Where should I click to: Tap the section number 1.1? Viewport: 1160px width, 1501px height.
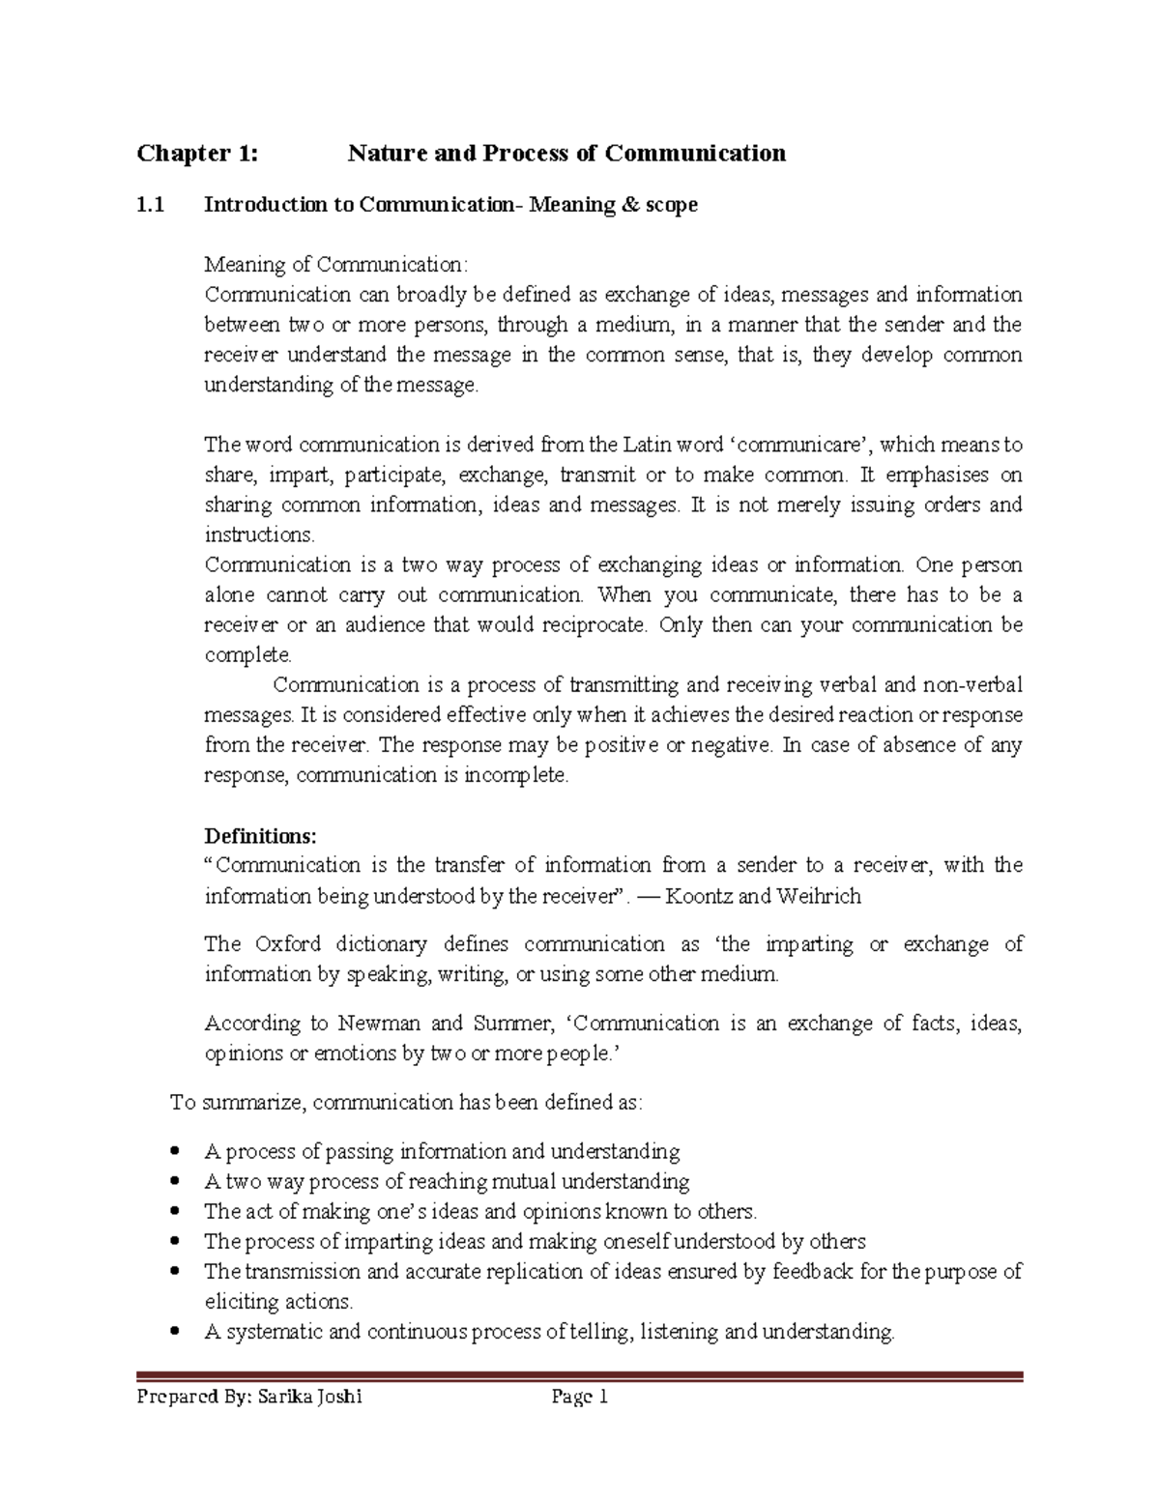[151, 205]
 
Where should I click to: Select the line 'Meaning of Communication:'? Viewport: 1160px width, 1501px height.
[335, 265]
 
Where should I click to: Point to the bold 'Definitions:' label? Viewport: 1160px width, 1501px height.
[260, 835]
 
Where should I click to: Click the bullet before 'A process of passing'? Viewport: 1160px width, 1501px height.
[174, 1152]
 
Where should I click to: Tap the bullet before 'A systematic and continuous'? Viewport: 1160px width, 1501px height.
[174, 1332]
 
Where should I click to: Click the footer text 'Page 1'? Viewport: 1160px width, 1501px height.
[579, 1397]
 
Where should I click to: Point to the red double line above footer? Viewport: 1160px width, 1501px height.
[580, 1376]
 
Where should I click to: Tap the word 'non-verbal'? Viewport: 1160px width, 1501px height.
[972, 685]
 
